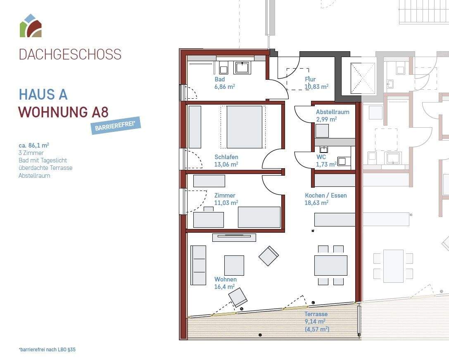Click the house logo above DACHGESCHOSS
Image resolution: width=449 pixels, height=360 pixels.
[x=31, y=26]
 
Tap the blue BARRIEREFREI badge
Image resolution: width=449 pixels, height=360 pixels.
[x=116, y=125]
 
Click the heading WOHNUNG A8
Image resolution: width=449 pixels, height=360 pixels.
[x=64, y=112]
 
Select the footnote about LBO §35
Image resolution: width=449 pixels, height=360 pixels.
[x=47, y=350]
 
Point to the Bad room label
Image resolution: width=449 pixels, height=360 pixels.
[x=220, y=79]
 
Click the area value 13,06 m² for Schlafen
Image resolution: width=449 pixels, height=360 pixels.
[x=226, y=164]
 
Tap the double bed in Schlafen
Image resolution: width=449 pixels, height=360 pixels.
[x=245, y=127]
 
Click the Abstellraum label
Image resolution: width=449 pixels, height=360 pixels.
[x=333, y=112]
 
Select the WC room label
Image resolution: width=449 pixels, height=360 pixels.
[x=321, y=157]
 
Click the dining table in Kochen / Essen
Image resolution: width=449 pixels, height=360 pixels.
[x=331, y=265]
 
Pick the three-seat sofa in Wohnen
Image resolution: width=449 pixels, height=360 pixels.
[x=198, y=265]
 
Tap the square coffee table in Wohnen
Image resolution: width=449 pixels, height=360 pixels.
[x=234, y=265]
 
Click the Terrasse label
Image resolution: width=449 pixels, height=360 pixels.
[x=316, y=314]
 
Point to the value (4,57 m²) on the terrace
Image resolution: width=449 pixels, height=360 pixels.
[x=317, y=329]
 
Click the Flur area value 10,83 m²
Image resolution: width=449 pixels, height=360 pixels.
[x=316, y=86]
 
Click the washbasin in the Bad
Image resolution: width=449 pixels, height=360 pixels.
[x=242, y=68]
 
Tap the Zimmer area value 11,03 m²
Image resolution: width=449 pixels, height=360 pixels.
[x=226, y=203]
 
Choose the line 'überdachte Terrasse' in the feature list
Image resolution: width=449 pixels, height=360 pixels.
[x=45, y=168]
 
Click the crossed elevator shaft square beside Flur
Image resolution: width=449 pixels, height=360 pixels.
[x=363, y=78]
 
